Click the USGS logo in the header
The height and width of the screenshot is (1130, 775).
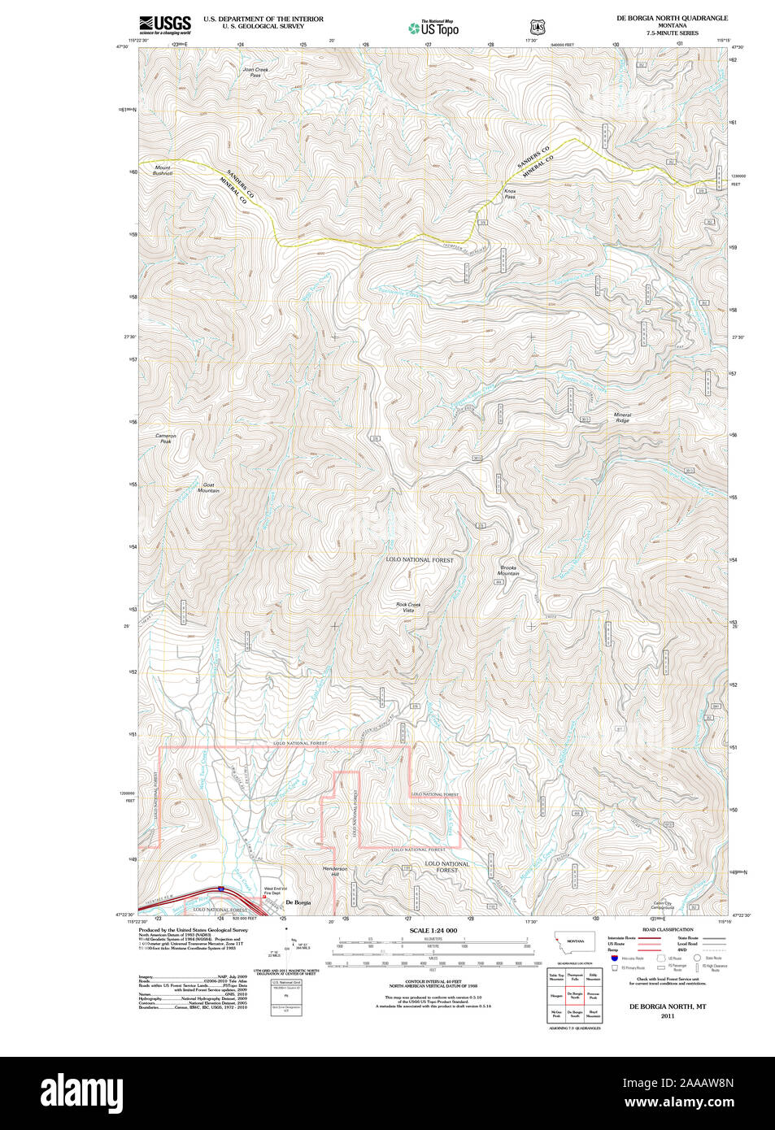(x=164, y=25)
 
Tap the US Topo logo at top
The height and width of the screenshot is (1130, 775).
(x=433, y=28)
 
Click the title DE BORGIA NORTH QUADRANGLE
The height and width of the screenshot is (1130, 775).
(x=672, y=18)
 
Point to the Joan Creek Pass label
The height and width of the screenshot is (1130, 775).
(x=255, y=72)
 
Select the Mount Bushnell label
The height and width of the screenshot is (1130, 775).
(x=163, y=171)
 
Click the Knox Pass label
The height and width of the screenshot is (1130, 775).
(x=510, y=194)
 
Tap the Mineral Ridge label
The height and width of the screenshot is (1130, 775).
(x=622, y=418)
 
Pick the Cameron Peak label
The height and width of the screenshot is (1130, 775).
(x=166, y=438)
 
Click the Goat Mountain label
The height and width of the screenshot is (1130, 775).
(x=208, y=488)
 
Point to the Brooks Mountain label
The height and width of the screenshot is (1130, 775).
(x=508, y=571)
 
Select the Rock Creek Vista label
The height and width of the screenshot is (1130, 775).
(x=408, y=607)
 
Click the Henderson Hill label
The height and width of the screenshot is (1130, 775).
(x=335, y=871)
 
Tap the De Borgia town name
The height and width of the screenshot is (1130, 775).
(x=298, y=903)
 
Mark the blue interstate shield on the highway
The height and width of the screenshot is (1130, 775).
(x=221, y=890)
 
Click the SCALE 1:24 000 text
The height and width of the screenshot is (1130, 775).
(x=433, y=931)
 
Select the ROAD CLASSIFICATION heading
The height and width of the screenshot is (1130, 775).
(x=667, y=929)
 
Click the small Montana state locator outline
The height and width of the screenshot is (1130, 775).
(x=574, y=941)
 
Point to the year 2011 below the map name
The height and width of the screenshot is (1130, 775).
(x=667, y=1016)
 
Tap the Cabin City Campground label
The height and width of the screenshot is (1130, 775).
(x=662, y=906)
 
